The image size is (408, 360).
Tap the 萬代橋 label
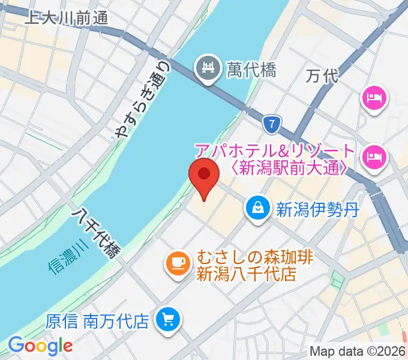click(251, 70)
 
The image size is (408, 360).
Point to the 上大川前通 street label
click(66, 18)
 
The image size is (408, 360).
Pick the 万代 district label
click(322, 76)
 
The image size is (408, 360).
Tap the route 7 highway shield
click(272, 125)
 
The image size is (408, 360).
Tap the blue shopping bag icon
click(257, 208)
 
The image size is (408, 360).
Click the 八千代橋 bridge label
click(96, 233)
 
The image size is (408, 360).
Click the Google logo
click(40, 346)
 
